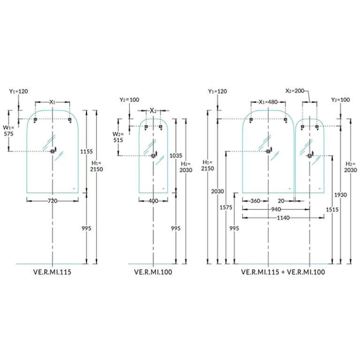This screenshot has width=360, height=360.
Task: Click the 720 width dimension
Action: click(53, 201)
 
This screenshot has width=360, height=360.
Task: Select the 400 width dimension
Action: click(153, 201)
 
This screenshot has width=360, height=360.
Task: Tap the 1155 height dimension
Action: click(86, 152)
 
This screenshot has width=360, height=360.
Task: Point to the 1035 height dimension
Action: click(176, 156)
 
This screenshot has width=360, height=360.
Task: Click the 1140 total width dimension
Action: click(283, 218)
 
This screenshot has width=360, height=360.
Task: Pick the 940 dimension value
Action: click(276, 209)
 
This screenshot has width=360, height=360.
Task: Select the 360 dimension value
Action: click(255, 201)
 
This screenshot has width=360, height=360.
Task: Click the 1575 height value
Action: click(226, 207)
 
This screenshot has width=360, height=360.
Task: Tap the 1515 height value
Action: click(332, 209)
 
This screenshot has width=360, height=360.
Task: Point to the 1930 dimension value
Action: click(340, 195)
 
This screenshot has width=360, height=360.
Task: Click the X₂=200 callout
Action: click(295, 91)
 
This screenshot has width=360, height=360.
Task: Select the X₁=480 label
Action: click(268, 102)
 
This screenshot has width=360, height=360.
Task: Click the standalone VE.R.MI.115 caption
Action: click(53, 272)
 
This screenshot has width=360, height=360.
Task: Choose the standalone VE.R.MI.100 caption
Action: click(153, 272)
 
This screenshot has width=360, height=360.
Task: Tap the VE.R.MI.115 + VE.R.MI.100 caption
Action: click(283, 272)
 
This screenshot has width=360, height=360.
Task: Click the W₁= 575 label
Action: click(8, 130)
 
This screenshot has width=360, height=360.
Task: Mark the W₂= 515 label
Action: click(118, 137)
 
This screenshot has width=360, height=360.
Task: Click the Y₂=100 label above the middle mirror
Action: click(130, 100)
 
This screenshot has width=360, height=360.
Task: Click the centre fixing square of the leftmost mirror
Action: click(53, 151)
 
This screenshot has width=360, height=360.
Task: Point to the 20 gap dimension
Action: click(281, 201)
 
